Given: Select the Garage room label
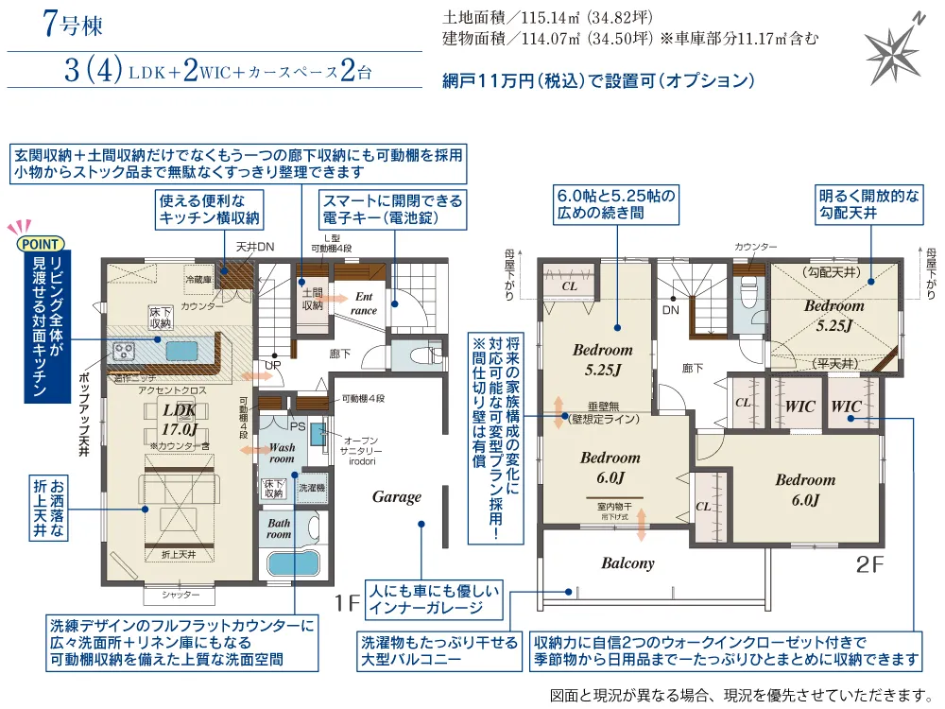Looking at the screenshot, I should point(396,496).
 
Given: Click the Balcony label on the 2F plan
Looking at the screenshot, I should point(627,563).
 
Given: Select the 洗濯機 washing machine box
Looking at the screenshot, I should point(310,489).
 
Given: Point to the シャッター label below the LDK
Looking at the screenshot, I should point(180,596).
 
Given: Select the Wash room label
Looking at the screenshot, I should point(282,453).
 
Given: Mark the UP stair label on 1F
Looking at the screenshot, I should point(271,364).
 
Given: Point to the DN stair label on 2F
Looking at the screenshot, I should point(670,309).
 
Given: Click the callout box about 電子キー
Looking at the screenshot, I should point(392,210).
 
